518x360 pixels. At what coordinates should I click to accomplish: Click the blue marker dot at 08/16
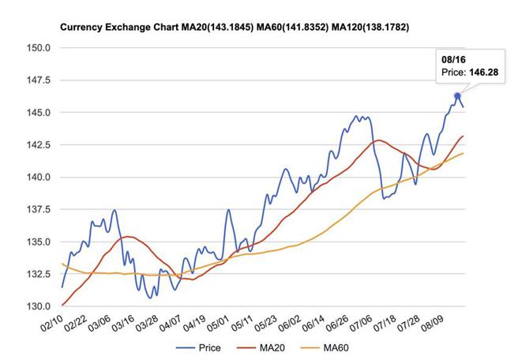click(457, 96)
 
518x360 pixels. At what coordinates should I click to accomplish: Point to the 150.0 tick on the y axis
click(38, 47)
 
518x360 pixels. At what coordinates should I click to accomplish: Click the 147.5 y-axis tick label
click(38, 80)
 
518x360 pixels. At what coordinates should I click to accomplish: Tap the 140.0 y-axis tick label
click(38, 177)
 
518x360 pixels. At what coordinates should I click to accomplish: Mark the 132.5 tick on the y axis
click(38, 274)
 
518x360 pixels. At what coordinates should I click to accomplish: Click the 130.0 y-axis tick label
click(38, 306)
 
